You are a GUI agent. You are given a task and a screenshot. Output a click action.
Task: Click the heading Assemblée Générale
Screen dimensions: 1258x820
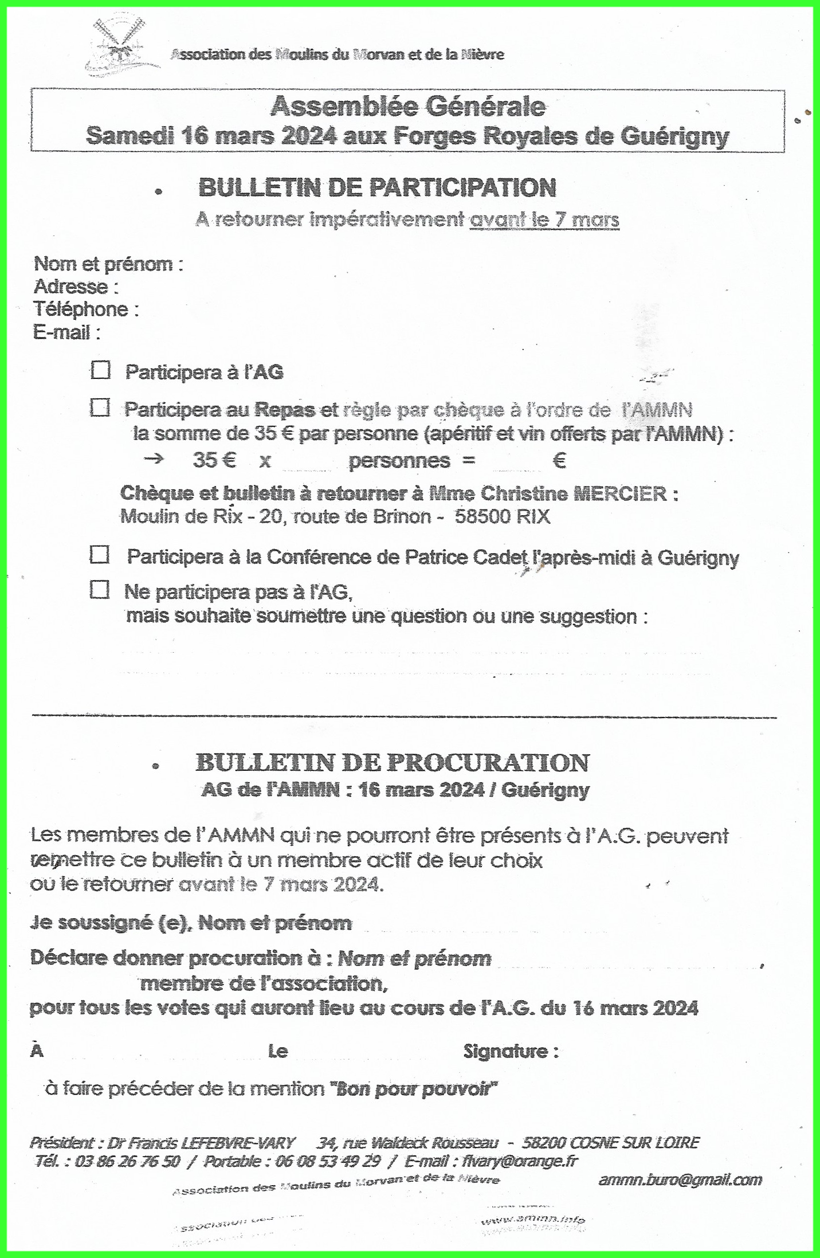(407, 107)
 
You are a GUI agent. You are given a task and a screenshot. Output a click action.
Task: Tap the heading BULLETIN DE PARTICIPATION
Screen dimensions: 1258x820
(377, 188)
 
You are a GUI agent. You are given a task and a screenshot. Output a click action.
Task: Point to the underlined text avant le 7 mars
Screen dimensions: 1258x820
(544, 220)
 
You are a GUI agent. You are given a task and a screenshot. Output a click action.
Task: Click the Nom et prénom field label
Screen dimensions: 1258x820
(108, 264)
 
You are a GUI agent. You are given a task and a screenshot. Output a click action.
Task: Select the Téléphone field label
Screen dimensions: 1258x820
(86, 309)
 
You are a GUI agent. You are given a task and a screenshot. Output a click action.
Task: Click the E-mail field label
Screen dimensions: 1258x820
(66, 332)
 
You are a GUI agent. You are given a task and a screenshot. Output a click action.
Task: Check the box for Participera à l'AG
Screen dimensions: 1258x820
(101, 370)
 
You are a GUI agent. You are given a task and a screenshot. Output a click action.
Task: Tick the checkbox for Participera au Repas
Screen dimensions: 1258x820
(100, 408)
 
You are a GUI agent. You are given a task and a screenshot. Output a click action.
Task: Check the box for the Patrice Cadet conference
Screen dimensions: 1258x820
(100, 555)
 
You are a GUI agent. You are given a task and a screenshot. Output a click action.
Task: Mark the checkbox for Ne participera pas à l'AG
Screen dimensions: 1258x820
(100, 590)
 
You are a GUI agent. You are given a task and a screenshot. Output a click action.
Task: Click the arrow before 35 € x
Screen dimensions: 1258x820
(153, 460)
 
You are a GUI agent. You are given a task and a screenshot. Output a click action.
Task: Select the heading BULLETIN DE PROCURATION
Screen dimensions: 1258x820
(392, 763)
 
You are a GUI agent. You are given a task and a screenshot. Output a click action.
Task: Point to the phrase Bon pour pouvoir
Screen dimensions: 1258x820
(414, 1088)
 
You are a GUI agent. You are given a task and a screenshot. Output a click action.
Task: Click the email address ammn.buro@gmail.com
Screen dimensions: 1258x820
(680, 1180)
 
